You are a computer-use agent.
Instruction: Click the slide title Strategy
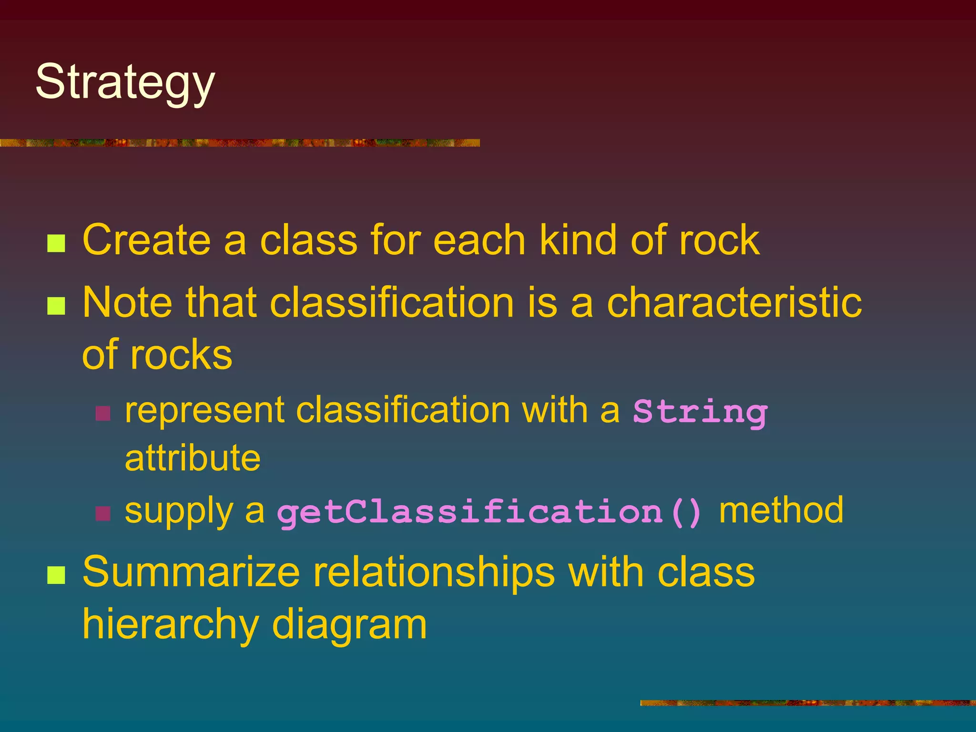coord(125,82)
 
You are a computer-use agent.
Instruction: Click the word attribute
coord(193,457)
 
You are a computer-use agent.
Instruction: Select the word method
coord(781,510)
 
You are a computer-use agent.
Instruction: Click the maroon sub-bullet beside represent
coord(103,413)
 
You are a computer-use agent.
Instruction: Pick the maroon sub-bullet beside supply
coord(103,514)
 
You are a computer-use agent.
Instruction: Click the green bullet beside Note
coord(56,306)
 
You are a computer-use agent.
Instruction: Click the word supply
coord(179,511)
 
